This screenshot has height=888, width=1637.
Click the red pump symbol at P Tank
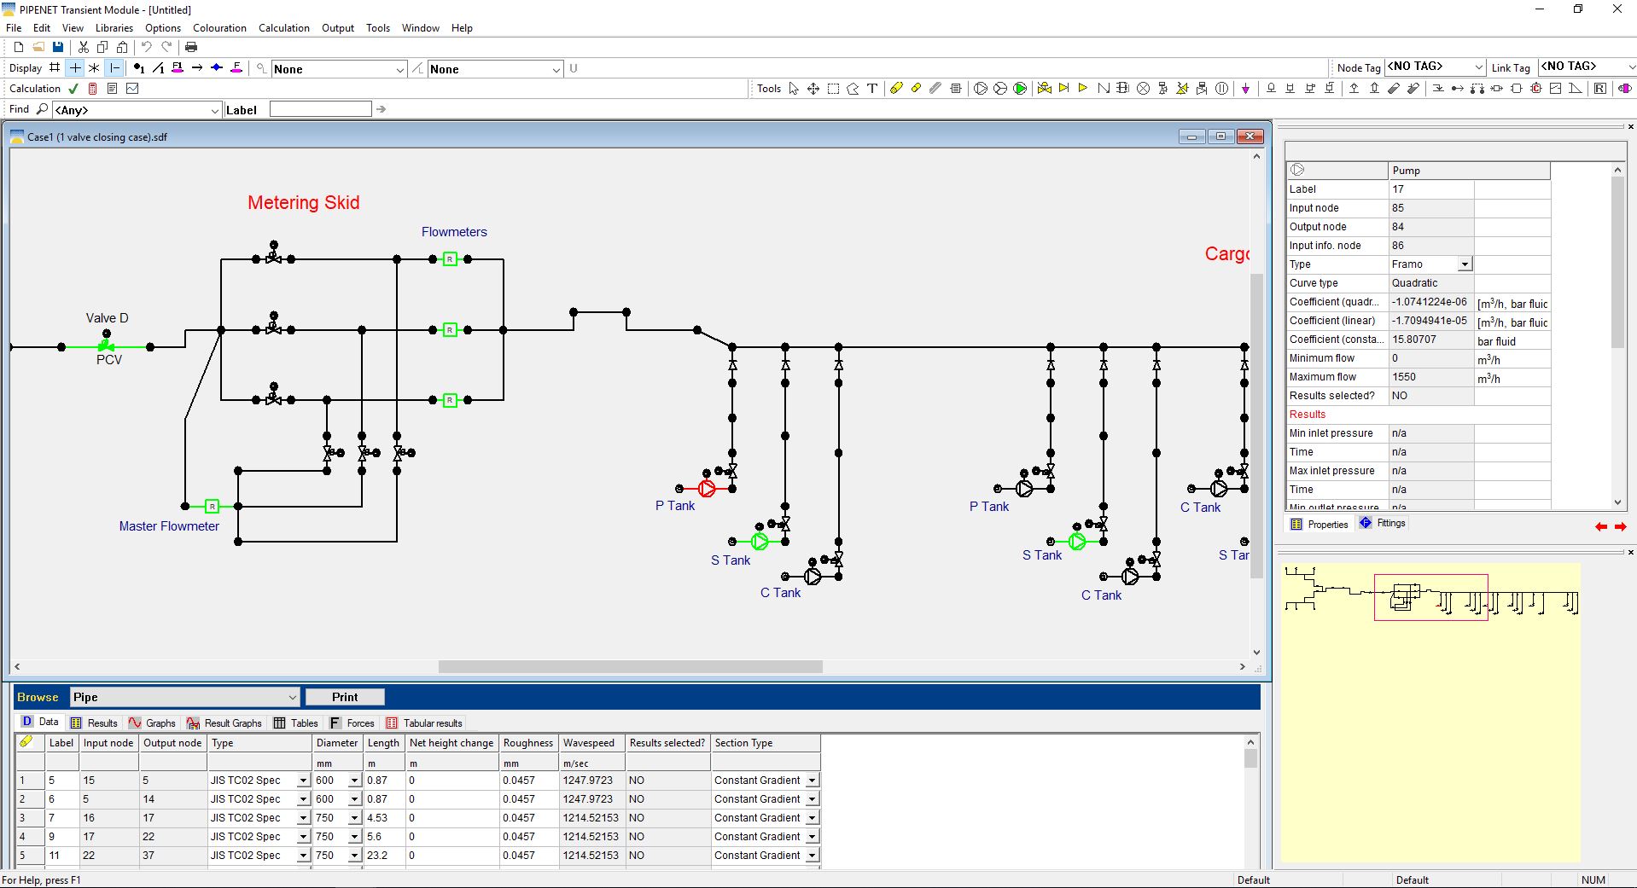click(707, 489)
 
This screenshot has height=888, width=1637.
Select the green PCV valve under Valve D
click(106, 345)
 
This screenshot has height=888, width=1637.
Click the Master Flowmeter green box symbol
click(212, 506)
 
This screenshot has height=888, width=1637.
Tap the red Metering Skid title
click(304, 202)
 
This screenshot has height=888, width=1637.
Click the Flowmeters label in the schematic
click(454, 232)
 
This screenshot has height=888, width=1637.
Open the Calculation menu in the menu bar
click(284, 28)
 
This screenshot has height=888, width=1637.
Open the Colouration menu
click(219, 28)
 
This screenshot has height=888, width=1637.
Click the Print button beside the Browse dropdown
click(345, 697)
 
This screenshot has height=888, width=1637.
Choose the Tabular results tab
click(425, 723)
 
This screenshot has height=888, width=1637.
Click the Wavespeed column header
click(588, 743)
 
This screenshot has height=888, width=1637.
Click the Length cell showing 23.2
click(377, 856)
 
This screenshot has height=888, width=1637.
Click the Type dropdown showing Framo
click(1430, 264)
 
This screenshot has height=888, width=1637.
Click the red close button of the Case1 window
click(1250, 136)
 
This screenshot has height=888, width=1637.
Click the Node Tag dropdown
click(1436, 67)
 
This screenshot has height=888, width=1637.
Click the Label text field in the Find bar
click(320, 109)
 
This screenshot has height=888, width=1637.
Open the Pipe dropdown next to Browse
click(184, 697)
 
